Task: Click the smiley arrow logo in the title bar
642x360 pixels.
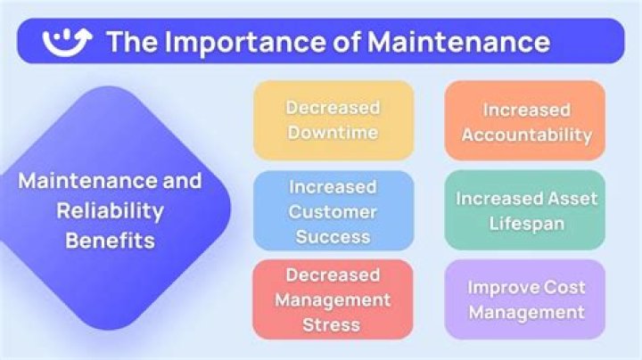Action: coord(67,42)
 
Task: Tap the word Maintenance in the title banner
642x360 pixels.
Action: coord(458,42)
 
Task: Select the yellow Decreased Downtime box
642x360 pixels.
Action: coord(333,120)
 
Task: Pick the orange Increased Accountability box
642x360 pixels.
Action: coord(525,120)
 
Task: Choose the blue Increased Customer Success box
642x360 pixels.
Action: coord(333,210)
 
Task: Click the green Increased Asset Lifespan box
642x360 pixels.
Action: coord(525,210)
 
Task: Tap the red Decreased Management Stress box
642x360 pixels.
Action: coord(333,299)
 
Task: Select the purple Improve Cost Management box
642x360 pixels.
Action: coord(525,299)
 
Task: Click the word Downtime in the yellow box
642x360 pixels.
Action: coord(333,133)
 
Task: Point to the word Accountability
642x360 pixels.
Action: coord(527,135)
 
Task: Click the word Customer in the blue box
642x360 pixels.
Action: coord(333,212)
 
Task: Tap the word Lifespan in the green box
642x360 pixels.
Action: coord(527,225)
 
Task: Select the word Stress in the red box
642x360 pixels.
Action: coord(331,325)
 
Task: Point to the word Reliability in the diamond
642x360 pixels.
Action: coord(111,211)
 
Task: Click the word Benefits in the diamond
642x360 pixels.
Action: coord(111,240)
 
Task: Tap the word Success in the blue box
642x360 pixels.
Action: coord(333,237)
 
